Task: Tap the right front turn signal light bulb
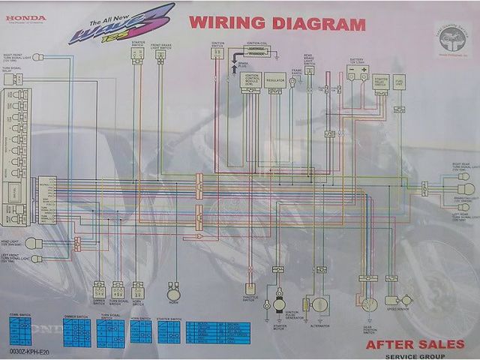tap(38, 57)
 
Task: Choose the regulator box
tap(275, 79)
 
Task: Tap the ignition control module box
tap(250, 80)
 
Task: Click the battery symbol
tap(356, 73)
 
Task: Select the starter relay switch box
tap(380, 80)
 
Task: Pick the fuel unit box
tap(399, 82)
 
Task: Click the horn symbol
tap(174, 288)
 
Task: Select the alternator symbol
tap(320, 304)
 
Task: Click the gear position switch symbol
tap(369, 303)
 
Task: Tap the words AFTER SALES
tap(415, 344)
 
